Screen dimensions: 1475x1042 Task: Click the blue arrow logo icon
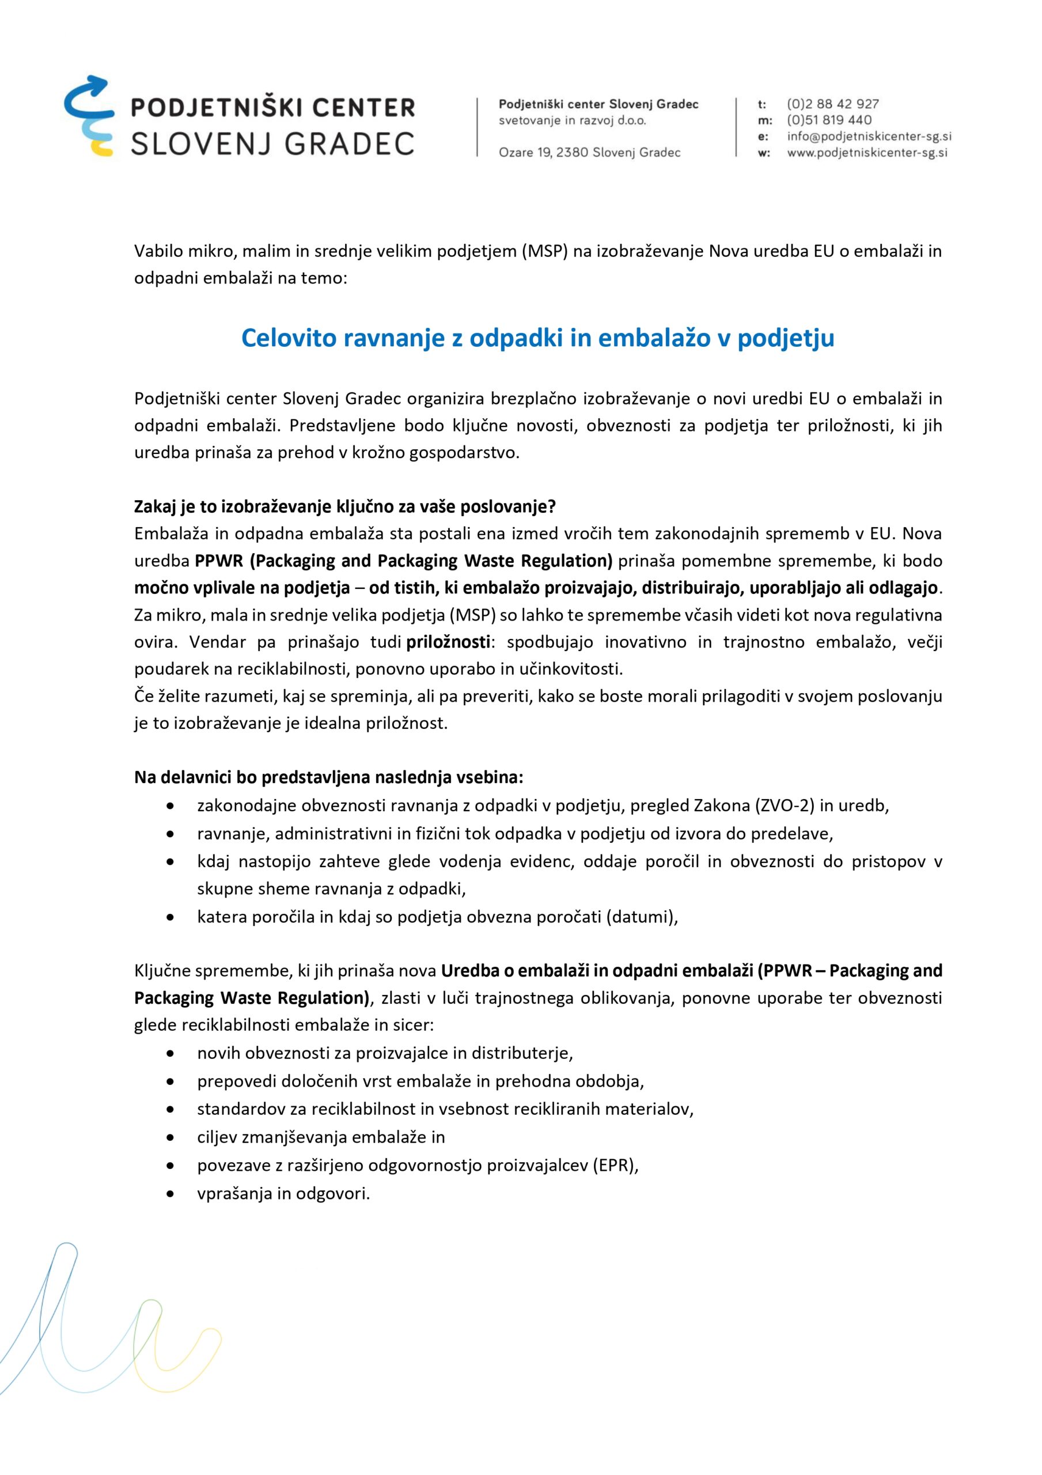(89, 116)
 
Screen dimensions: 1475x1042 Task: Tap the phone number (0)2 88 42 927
(832, 104)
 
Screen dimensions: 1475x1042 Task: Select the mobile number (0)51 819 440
(829, 120)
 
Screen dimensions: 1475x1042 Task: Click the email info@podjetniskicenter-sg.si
(869, 136)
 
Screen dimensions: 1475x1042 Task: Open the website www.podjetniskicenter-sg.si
(867, 153)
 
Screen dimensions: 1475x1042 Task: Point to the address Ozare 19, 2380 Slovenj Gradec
(589, 153)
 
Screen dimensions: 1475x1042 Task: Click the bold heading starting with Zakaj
(344, 507)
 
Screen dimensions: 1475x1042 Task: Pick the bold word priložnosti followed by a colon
(448, 642)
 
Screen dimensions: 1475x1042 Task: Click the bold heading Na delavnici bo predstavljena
(328, 778)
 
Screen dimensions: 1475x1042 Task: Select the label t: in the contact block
(762, 104)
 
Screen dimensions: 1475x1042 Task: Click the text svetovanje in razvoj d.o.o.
(573, 121)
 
